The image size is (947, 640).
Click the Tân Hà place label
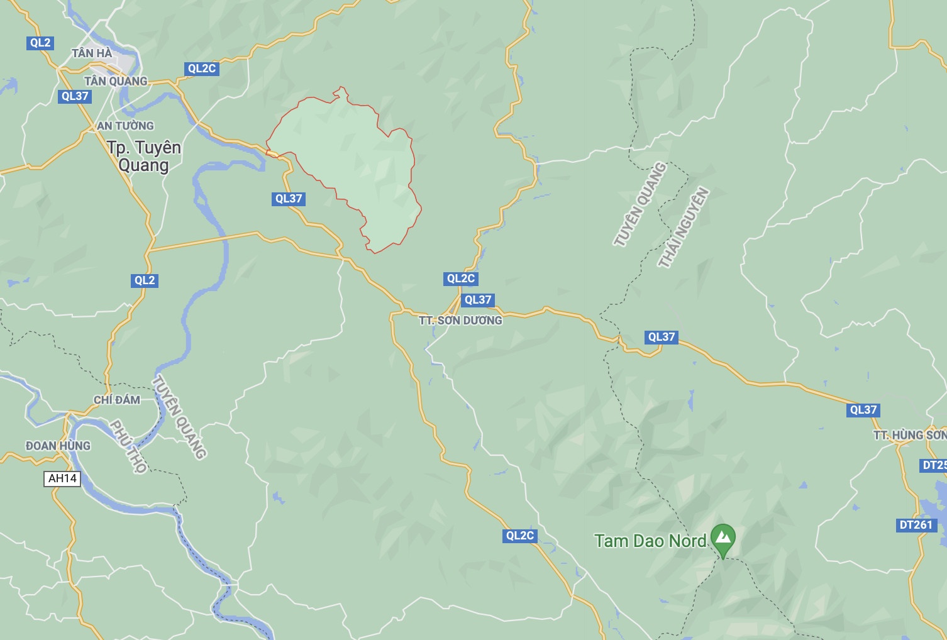92,53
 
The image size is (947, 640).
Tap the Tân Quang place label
116,81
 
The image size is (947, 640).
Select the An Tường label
125,126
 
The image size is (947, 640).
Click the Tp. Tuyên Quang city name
143,156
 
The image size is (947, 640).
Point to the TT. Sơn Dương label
460,321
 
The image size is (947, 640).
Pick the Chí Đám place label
116,400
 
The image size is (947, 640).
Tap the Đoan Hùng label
58,446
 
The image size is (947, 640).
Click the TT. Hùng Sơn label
909,435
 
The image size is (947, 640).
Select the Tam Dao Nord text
650,541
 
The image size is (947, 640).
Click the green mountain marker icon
723,538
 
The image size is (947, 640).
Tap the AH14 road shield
63,478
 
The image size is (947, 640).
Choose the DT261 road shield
916,525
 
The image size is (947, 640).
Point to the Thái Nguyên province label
684,227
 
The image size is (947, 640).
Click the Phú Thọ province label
129,446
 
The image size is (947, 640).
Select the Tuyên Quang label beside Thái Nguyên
640,204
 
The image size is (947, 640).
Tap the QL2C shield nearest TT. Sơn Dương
461,279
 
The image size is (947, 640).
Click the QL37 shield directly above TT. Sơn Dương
478,300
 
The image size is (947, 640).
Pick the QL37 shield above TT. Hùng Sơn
863,410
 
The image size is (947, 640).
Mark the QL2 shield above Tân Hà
40,43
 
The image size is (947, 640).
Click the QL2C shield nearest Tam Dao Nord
520,536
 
